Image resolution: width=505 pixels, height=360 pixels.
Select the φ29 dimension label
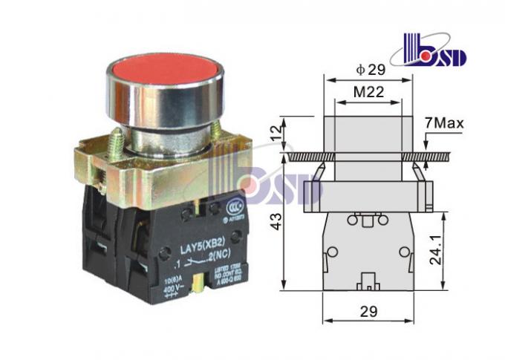[371, 71]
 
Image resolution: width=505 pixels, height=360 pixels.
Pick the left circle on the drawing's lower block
[332, 252]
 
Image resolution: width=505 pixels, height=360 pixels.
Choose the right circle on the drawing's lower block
[404, 252]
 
